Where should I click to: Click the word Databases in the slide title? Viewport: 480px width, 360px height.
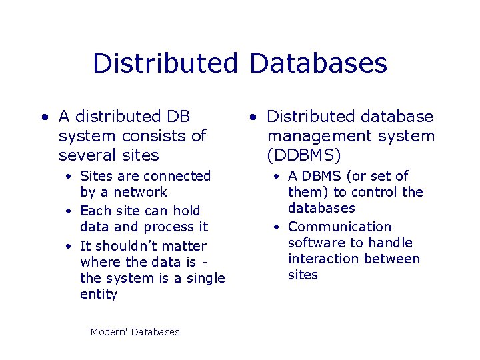[x=318, y=63]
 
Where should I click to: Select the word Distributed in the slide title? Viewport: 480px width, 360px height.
[x=165, y=63]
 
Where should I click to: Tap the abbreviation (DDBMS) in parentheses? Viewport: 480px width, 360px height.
[x=304, y=155]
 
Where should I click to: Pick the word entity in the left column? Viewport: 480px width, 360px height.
[x=98, y=294]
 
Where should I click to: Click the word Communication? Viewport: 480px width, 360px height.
[x=339, y=227]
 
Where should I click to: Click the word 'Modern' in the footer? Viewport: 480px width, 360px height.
[x=107, y=332]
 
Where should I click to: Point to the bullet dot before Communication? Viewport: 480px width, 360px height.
[x=277, y=227]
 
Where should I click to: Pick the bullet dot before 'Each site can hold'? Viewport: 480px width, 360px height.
[x=69, y=211]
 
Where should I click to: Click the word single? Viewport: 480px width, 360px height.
[x=205, y=278]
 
